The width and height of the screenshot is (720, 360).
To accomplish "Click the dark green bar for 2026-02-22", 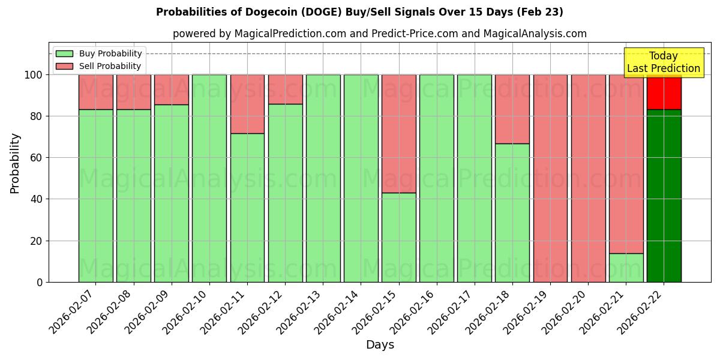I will [664, 196].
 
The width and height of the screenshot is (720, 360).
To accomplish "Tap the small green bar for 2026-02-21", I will [626, 268].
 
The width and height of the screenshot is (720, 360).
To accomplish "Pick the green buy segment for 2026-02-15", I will [398, 237].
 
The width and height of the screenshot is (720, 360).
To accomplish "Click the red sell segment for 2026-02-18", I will [512, 109].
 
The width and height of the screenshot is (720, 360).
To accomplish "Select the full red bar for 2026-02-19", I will [550, 178].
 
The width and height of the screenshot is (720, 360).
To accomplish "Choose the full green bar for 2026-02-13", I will [323, 178].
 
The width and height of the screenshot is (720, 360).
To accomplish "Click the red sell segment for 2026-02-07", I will [95, 92].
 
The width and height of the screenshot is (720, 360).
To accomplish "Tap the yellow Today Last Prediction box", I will [663, 62].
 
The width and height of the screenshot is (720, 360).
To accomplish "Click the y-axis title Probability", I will [15, 163].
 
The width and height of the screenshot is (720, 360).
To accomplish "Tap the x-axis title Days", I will [380, 345].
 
